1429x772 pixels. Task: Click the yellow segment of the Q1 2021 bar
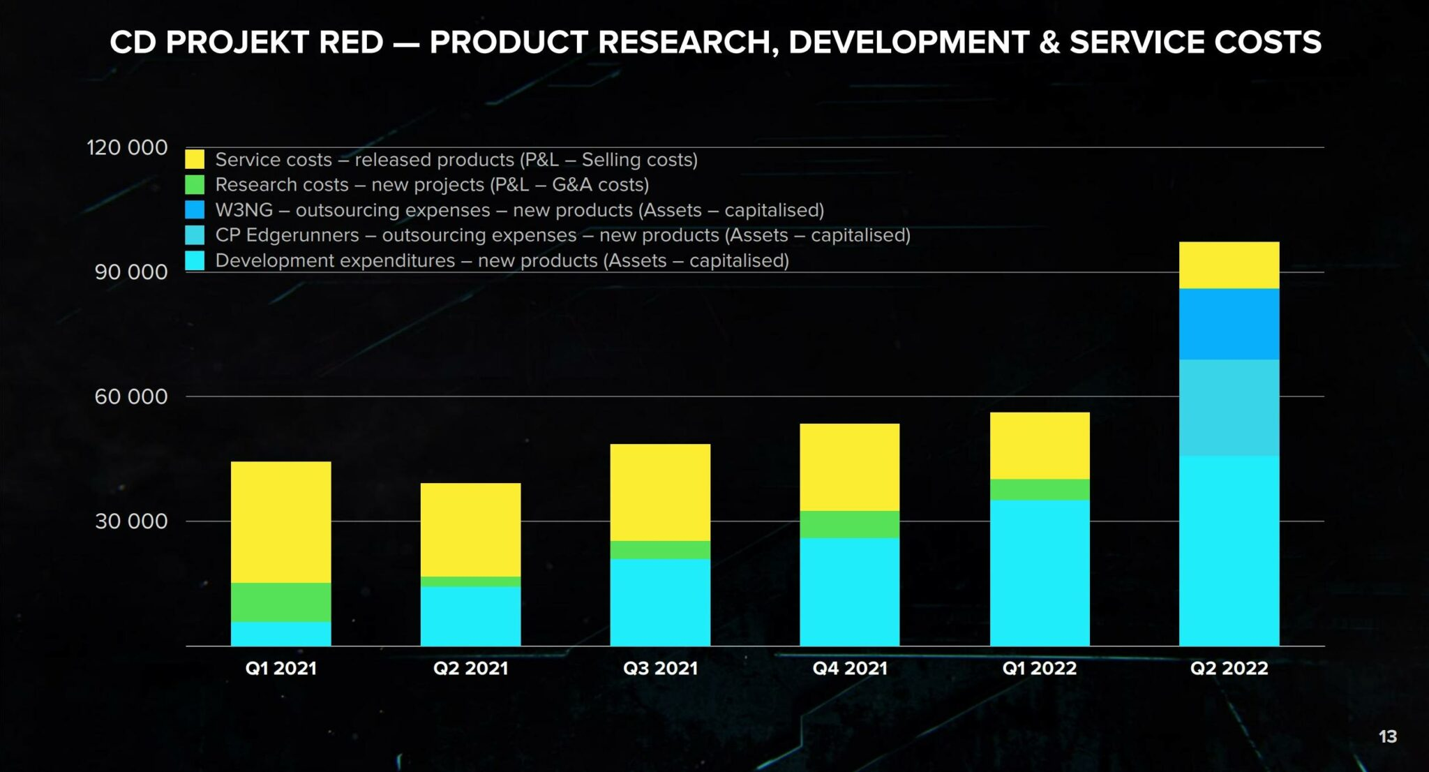[x=280, y=521]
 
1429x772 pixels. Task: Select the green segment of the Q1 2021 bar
[x=280, y=602]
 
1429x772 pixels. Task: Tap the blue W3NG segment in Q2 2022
[x=1229, y=324]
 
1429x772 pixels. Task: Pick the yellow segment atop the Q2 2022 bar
[x=1229, y=265]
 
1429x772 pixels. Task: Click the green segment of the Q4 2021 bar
[x=849, y=524]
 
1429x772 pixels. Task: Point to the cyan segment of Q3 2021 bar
[x=660, y=602]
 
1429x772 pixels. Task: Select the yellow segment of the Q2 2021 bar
[x=470, y=529]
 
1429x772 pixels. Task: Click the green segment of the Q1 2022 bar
[x=1039, y=489]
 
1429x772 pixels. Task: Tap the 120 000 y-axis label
[x=127, y=147]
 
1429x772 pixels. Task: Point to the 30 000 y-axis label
[x=131, y=521]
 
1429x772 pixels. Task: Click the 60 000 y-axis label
[x=131, y=396]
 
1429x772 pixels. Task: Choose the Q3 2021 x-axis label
[x=660, y=668]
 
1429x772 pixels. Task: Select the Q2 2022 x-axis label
[x=1229, y=668]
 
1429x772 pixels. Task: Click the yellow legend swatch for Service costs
[x=195, y=159]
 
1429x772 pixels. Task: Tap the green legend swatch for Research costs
[x=195, y=184]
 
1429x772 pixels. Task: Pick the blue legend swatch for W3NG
[x=195, y=209]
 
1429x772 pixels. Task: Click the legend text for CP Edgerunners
[x=562, y=235]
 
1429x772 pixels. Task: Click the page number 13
[x=1387, y=736]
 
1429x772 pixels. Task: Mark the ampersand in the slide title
[x=1049, y=42]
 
